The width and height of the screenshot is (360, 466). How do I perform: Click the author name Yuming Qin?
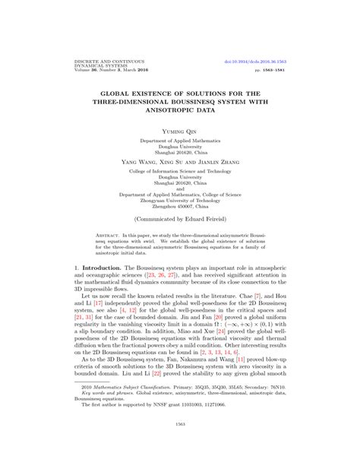tap(179, 132)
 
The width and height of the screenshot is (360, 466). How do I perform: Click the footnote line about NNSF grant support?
tap(141, 417)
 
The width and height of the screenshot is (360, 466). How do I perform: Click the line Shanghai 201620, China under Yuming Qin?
tap(179, 151)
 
